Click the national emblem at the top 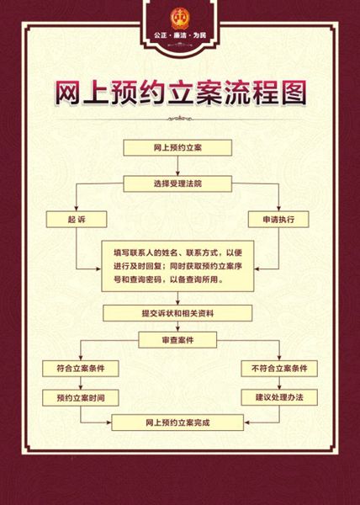180,19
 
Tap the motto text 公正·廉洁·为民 180,35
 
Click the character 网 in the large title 67,93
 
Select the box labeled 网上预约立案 177,148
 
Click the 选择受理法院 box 177,183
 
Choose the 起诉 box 77,220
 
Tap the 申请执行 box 278,220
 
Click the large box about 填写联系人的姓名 177,266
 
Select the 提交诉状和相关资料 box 177,313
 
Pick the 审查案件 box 177,340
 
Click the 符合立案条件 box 81,369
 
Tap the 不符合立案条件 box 279,369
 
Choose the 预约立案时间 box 81,398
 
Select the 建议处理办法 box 279,397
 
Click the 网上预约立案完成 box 177,423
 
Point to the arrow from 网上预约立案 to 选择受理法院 177,166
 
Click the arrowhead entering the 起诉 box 77,209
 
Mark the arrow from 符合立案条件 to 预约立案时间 81,383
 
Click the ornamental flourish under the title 180,119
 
